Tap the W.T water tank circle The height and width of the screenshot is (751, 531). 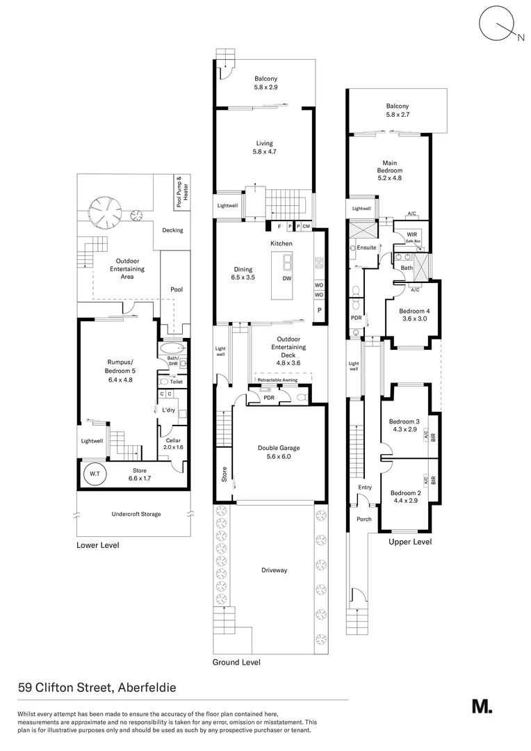[93, 475]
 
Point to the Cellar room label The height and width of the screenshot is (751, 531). [173, 443]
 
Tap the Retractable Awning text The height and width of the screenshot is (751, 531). [284, 380]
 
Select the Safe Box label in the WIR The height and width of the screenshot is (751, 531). [414, 242]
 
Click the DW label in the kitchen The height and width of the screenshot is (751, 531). [286, 278]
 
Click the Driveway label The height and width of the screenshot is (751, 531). [274, 570]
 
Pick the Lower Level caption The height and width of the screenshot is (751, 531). [97, 545]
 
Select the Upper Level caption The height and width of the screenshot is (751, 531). [409, 541]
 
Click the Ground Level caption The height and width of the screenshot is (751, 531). [236, 662]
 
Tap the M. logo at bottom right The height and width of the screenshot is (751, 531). [482, 706]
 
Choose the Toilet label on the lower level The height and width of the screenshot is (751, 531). [176, 382]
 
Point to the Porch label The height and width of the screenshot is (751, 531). [363, 519]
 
